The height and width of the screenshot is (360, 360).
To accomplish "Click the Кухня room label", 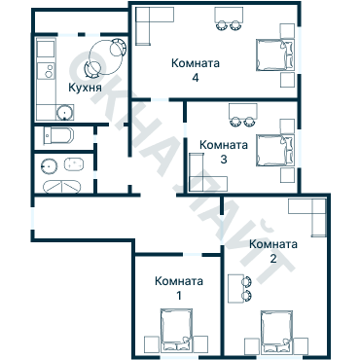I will (x=86, y=89).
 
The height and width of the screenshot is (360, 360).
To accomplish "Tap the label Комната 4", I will (x=196, y=71).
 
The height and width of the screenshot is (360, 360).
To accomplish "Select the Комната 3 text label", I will (x=223, y=152).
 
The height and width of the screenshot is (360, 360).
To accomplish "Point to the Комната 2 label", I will (x=273, y=251).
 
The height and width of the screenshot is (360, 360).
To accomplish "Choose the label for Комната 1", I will (x=179, y=288).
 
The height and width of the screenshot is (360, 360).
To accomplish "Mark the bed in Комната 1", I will (x=177, y=331).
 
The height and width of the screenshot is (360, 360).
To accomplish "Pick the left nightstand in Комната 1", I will (x=151, y=342).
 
